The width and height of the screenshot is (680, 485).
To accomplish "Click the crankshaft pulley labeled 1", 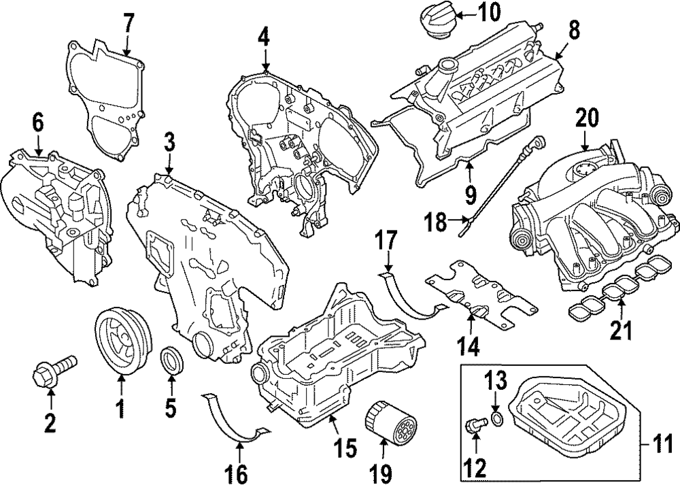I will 120,342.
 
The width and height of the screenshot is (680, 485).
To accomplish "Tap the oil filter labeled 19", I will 384,422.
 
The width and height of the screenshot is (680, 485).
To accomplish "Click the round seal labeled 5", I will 171,361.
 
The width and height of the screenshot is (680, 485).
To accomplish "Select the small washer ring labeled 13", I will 497,417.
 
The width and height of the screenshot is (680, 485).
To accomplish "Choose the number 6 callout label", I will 37,123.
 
